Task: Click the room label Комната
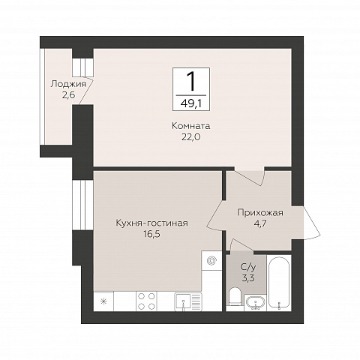pos(190,126)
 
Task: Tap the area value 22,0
pos(190,137)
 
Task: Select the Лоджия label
pos(68,84)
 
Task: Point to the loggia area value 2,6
pos(68,95)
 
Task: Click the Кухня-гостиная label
pos(151,223)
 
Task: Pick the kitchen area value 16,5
pos(151,234)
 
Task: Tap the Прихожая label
pos(260,213)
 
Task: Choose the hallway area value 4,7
pos(260,223)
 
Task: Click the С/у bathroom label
pos(248,268)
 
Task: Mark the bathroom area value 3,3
pos(248,277)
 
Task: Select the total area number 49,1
pos(192,103)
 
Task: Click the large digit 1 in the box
pos(191,80)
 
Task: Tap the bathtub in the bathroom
pos(279,283)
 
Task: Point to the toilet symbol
pos(235,297)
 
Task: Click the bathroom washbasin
pos(256,302)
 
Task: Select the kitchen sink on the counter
pos(188,301)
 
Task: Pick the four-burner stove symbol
pos(146,301)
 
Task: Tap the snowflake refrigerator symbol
pos(103,301)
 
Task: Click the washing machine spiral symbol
pos(211,261)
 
